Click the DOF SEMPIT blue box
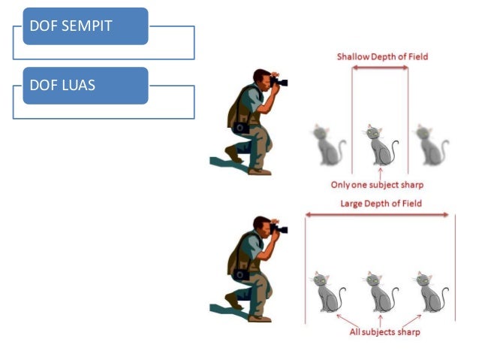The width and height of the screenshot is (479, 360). (85, 26)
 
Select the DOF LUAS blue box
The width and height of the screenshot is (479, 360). (85, 86)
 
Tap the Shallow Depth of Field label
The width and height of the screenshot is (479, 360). (382, 56)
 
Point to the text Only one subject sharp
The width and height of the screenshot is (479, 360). (378, 184)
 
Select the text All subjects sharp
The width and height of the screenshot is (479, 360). (385, 332)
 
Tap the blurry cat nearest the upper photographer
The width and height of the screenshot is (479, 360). (327, 145)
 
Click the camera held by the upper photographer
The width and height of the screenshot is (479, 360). (279, 80)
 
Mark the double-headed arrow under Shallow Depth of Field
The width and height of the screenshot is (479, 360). (381, 68)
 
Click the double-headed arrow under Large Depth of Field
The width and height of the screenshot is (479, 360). (380, 216)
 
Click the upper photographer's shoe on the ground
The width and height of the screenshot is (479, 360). (260, 171)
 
